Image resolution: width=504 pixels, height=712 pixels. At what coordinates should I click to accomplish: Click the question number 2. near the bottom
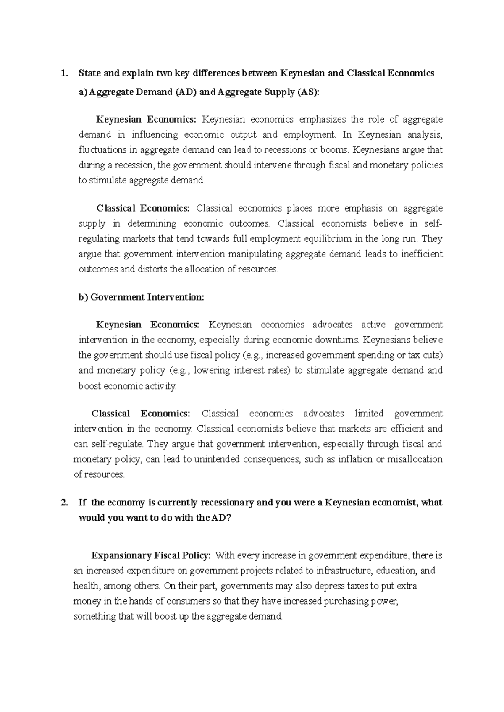click(64, 503)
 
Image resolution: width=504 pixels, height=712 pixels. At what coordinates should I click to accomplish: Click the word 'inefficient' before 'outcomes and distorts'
click(422, 254)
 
